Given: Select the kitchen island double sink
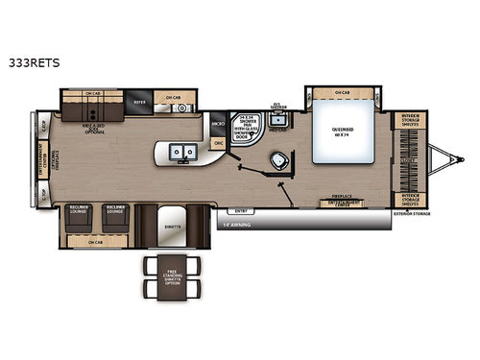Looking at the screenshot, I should pyautogui.click(x=181, y=151).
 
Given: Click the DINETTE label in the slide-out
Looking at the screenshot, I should pyautogui.click(x=172, y=226).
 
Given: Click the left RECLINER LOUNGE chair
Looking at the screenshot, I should pyautogui.click(x=80, y=221).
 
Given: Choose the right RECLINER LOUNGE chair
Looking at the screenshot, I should pyautogui.click(x=116, y=221).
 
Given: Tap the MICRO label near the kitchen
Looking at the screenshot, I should pyautogui.click(x=218, y=125).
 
